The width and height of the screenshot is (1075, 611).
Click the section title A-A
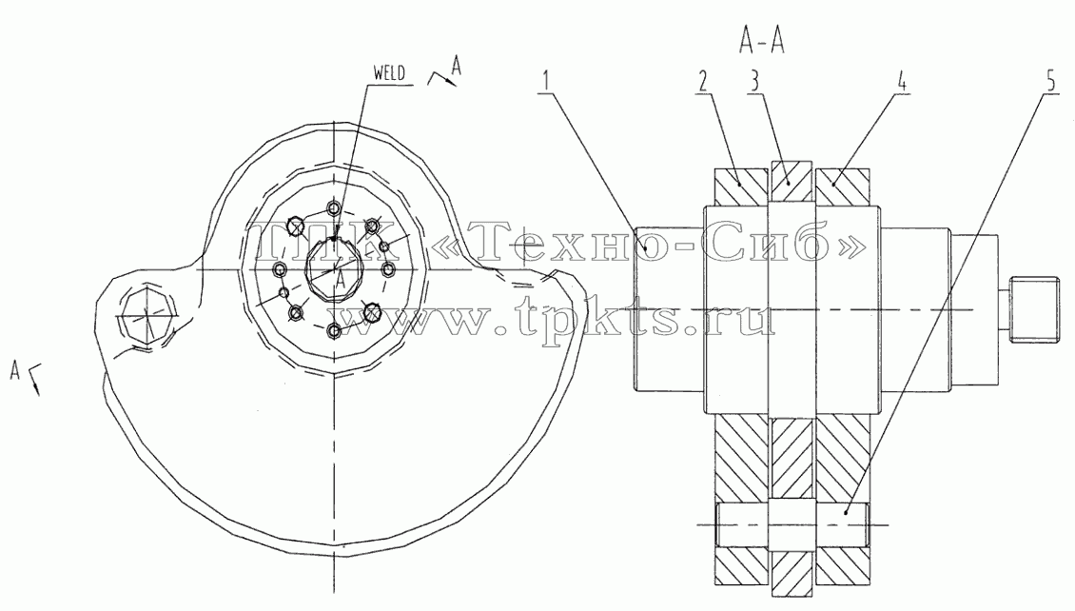coord(761,42)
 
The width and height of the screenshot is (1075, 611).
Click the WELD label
coord(389,72)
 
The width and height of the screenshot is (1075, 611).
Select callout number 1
coord(546,81)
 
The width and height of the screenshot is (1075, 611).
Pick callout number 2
coord(702,81)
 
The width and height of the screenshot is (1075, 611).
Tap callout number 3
coord(754,81)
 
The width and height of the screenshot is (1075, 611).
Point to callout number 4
coord(902,81)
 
